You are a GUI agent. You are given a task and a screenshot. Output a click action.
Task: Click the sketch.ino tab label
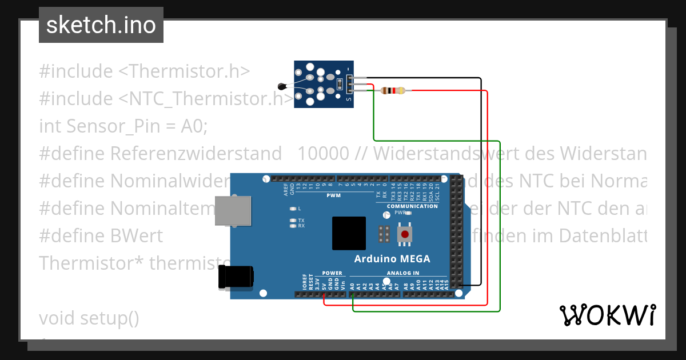101,25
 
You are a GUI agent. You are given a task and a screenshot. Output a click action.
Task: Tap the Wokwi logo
607,315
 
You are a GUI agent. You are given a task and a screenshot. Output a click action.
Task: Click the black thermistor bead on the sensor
281,86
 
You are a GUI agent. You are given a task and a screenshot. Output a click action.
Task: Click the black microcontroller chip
349,234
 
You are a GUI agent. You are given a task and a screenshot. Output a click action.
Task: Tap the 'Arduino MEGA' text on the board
392,259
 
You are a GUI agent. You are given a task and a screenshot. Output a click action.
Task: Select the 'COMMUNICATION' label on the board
412,206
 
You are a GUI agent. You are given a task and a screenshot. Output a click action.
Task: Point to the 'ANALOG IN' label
403,273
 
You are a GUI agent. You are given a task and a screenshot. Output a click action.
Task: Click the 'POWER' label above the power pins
332,273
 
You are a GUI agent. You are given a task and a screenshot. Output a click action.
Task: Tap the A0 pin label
352,285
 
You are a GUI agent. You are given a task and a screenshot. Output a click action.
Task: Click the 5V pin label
324,286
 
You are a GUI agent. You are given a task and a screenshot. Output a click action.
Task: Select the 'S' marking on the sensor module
348,99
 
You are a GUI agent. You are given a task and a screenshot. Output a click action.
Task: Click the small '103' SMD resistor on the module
340,85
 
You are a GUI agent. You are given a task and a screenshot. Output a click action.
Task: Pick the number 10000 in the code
323,153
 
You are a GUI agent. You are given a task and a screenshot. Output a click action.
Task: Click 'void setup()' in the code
89,318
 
